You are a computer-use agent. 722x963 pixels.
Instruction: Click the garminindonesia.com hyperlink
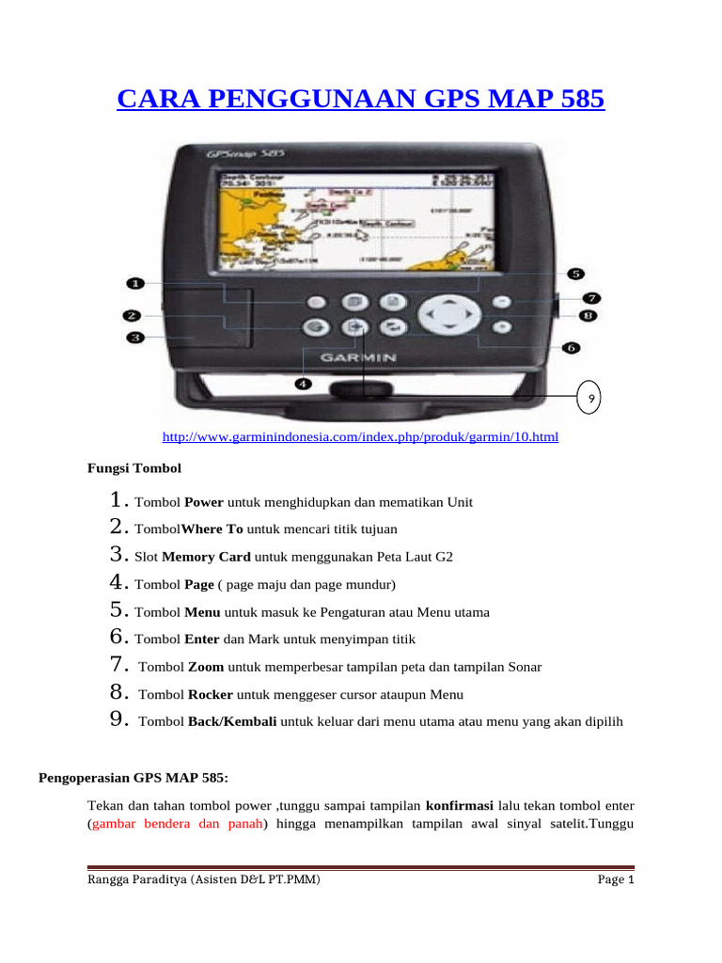[360, 437]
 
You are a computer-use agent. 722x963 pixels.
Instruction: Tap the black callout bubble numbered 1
[135, 283]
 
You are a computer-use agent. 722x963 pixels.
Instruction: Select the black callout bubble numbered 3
[135, 337]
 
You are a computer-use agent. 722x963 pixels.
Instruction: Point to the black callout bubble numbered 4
[303, 383]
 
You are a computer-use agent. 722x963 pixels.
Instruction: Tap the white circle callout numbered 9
[589, 398]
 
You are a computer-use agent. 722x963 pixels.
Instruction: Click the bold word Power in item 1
[203, 502]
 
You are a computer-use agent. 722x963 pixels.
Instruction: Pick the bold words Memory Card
[212, 557]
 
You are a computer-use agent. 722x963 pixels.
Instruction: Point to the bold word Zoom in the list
[206, 667]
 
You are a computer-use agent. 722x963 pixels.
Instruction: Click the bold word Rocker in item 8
[211, 694]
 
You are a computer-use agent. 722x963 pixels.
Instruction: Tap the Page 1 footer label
[616, 880]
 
